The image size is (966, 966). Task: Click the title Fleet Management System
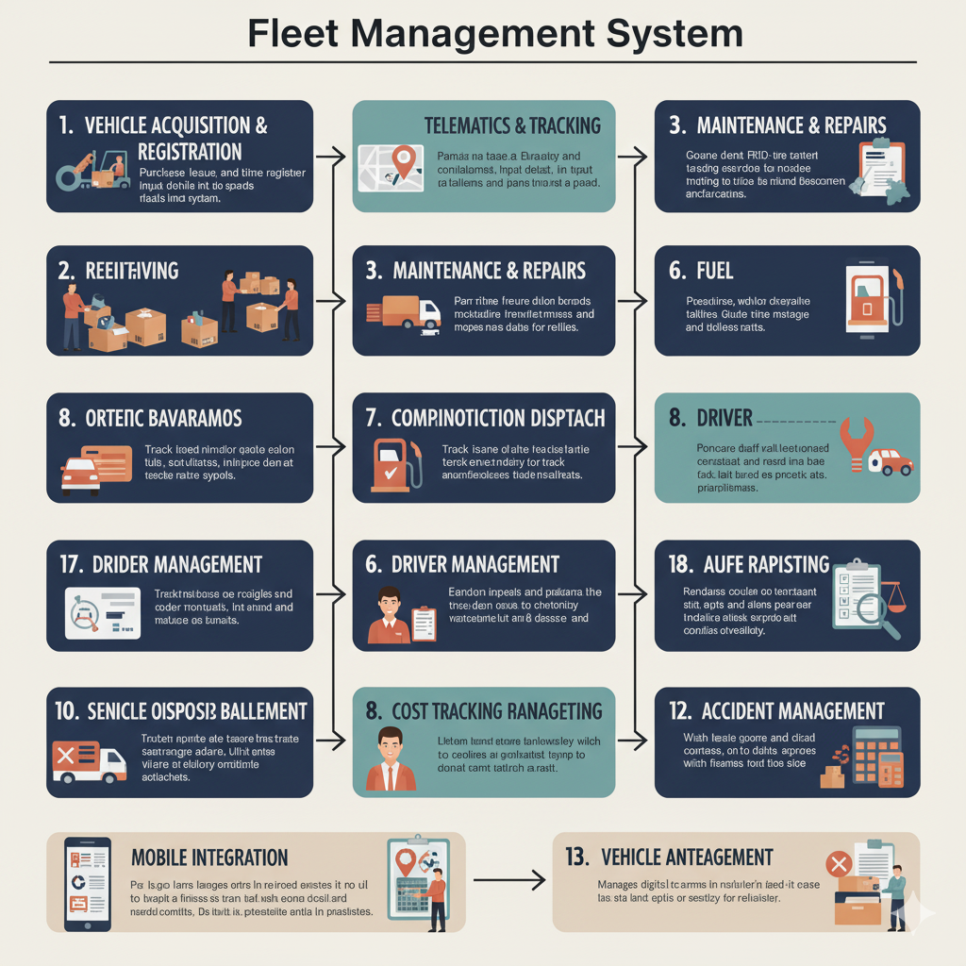[495, 33]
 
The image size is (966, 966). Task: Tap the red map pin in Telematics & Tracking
[406, 161]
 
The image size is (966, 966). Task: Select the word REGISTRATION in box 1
[190, 152]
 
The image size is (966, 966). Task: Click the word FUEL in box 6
[714, 271]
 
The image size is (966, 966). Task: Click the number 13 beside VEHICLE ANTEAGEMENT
[576, 858]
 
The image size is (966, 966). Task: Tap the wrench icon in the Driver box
[856, 441]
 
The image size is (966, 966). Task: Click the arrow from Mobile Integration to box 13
[509, 880]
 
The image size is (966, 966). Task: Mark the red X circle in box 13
[837, 864]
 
